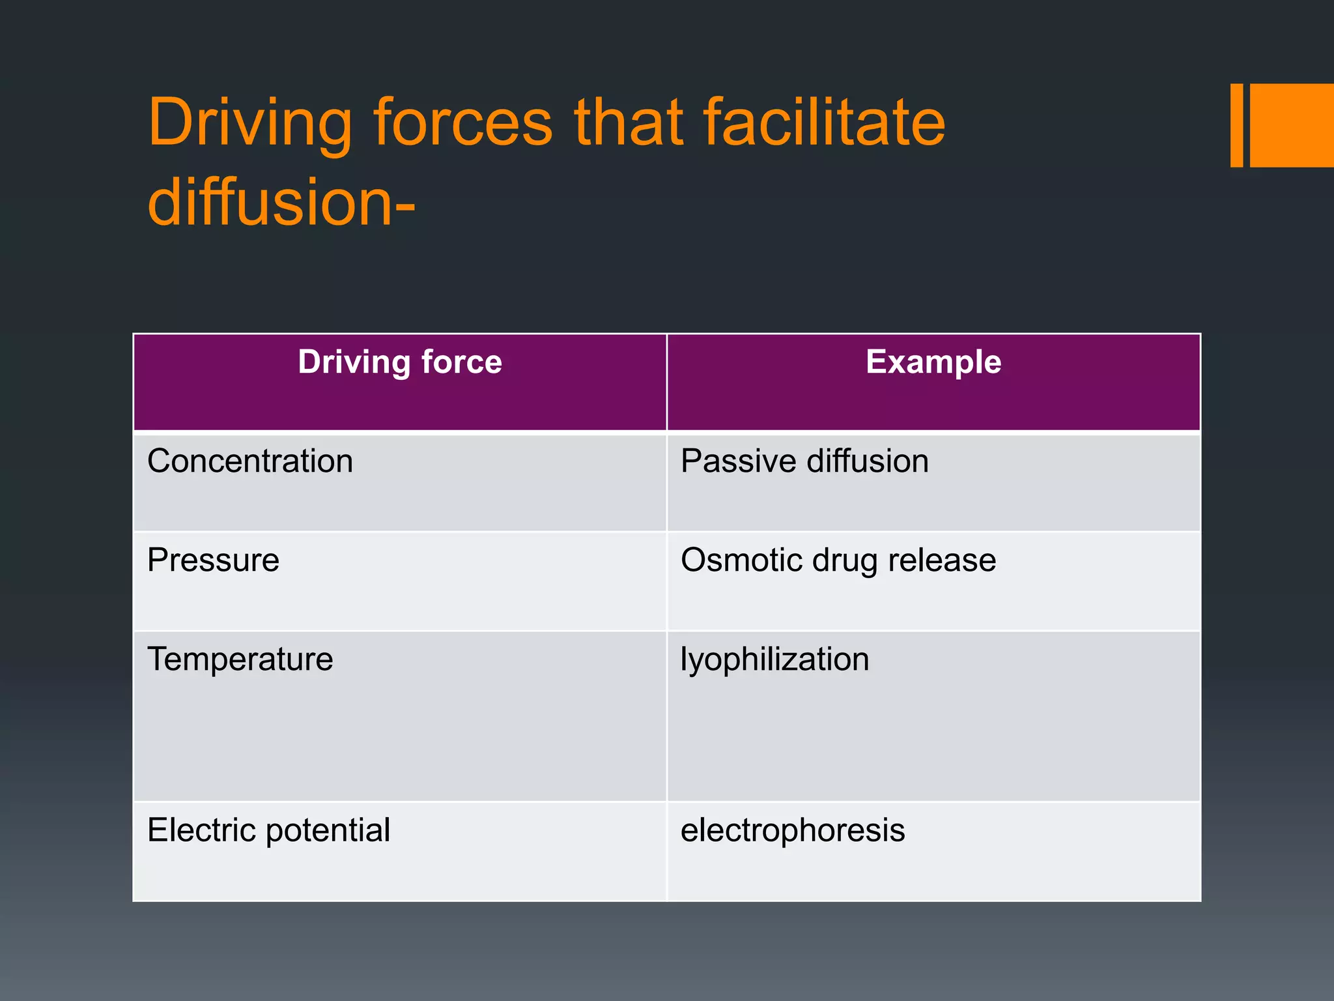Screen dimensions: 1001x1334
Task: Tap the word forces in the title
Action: click(463, 123)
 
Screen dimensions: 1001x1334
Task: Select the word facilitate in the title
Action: click(824, 123)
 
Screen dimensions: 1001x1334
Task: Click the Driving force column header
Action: click(400, 362)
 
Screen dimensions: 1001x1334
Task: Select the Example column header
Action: click(933, 362)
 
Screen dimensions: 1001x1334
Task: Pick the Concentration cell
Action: click(250, 461)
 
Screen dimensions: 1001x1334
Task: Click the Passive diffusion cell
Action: click(804, 461)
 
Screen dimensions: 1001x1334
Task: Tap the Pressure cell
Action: click(214, 560)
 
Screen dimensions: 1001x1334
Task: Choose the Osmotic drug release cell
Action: click(838, 560)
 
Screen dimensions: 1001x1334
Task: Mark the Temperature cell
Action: click(240, 659)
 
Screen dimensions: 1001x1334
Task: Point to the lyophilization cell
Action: click(774, 660)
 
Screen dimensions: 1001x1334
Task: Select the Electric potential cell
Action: click(268, 831)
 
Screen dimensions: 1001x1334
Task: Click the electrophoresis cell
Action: click(793, 831)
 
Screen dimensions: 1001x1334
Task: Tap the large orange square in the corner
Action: click(1292, 125)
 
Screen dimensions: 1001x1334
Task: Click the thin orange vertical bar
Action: click(1236, 125)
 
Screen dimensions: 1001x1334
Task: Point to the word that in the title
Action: click(629, 123)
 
